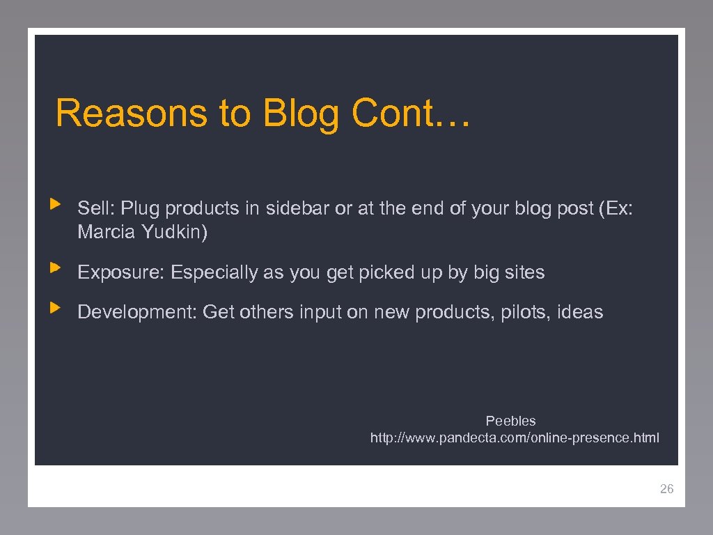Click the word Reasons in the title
point(130,113)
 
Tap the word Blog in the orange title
point(301,114)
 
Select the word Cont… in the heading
point(412,113)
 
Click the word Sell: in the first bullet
point(97,208)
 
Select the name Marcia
point(107,232)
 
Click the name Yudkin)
point(174,232)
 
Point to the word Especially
point(214,273)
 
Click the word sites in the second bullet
point(524,272)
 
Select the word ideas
point(580,312)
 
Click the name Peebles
point(510,421)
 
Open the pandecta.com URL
point(515,438)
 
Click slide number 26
point(666,489)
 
